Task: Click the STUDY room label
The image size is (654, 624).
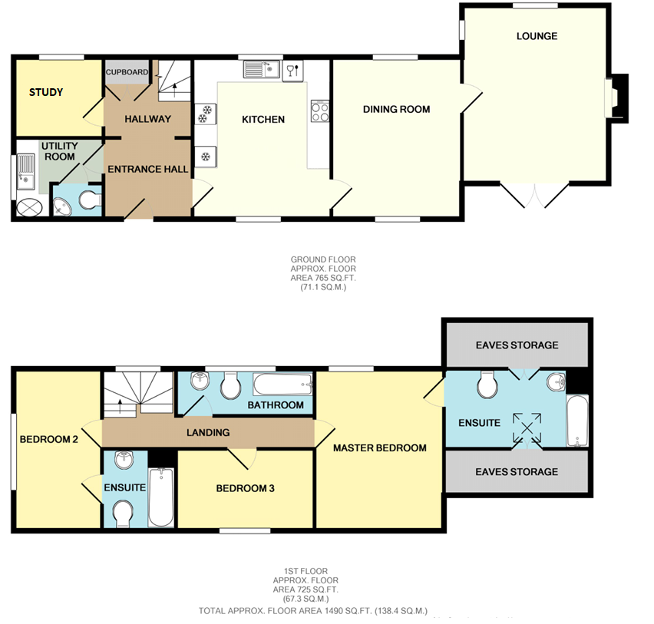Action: pos(46,92)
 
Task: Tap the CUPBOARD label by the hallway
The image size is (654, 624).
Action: pos(127,72)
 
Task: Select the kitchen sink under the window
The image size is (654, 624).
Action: pos(262,69)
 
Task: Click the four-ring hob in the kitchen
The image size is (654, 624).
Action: pos(320,111)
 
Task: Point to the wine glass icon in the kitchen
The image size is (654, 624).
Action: pos(292,71)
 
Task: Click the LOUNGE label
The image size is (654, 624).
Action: pos(537,36)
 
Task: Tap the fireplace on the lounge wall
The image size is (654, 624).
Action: pos(616,98)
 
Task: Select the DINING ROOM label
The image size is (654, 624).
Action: pos(396,109)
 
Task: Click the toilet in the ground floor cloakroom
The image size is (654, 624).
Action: pos(90,200)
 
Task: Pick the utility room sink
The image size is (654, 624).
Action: pos(25,171)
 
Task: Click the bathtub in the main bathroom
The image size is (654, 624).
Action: pos(282,385)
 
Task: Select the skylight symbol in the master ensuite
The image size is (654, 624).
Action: pos(527,428)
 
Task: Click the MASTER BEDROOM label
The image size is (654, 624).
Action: pos(379,448)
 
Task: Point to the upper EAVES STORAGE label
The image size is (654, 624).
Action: pos(517,345)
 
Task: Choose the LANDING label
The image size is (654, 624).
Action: pos(208,433)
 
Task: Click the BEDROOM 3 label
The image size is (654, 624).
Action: pos(246,488)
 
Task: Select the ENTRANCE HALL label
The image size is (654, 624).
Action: pos(148,169)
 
